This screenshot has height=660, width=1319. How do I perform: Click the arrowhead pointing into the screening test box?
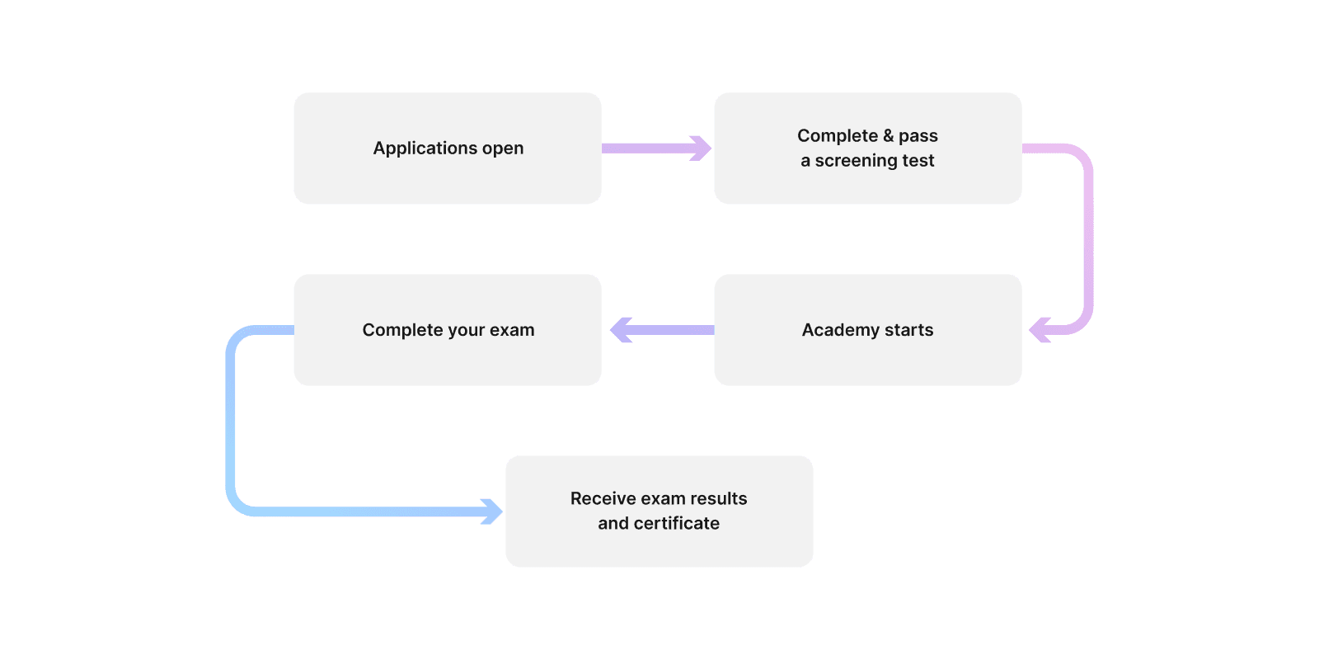[x=700, y=148]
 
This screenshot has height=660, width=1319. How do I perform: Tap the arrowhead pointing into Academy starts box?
[x=1040, y=330]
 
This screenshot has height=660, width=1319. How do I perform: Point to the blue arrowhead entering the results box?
[x=491, y=511]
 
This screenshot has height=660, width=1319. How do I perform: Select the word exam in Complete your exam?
[x=512, y=330]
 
